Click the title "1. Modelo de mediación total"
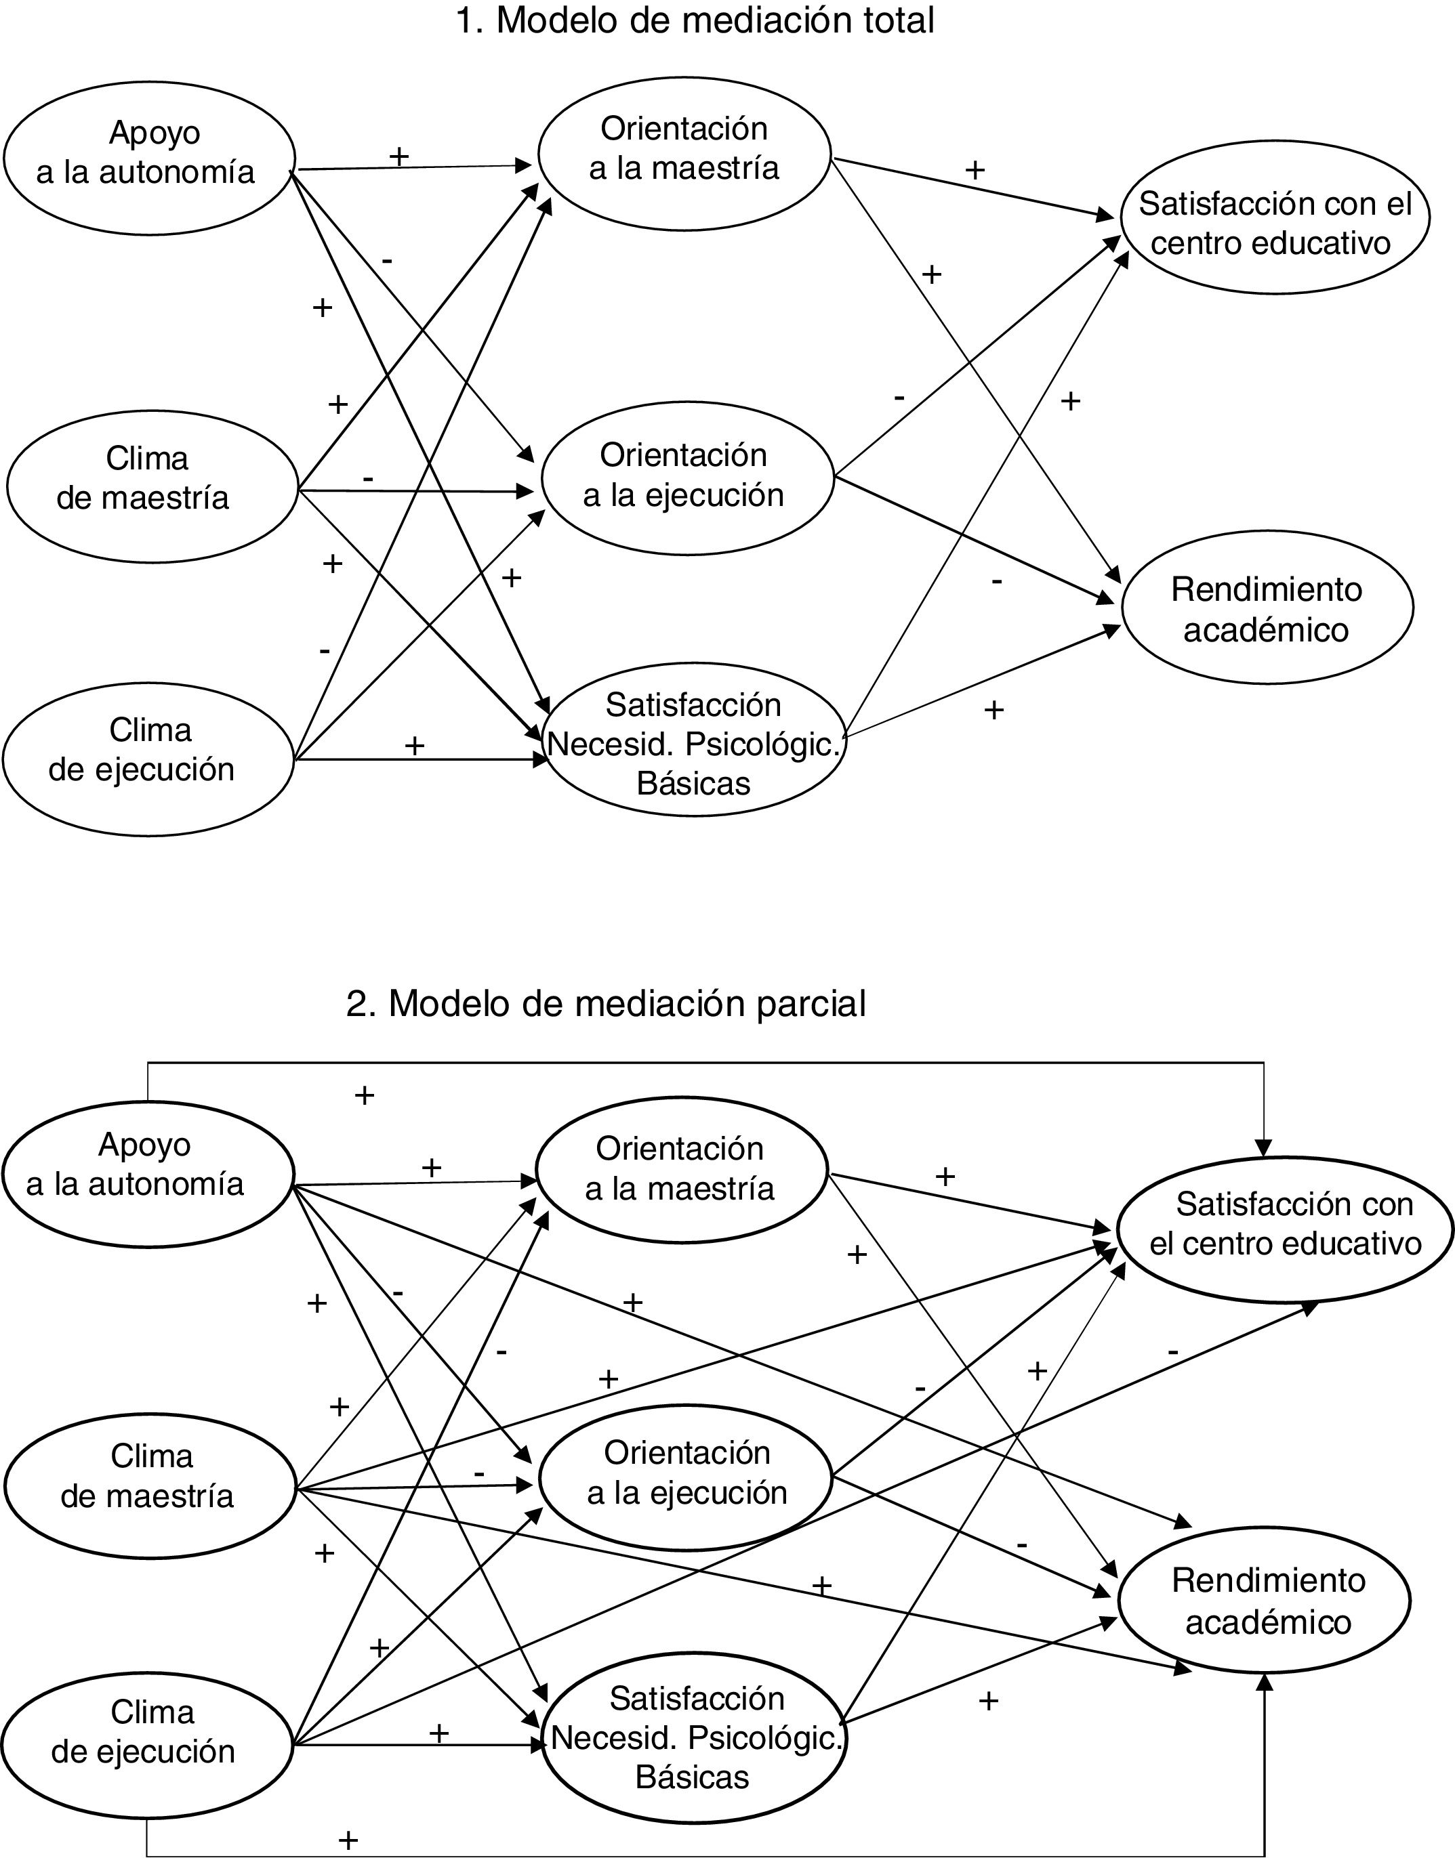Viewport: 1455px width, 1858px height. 694,20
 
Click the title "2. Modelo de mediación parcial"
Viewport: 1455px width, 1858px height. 606,1003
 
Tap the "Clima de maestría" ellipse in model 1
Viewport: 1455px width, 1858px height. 152,486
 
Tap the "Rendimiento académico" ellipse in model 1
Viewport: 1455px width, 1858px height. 1267,609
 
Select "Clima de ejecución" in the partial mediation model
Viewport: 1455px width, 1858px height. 146,1741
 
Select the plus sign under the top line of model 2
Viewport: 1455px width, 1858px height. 365,1095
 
